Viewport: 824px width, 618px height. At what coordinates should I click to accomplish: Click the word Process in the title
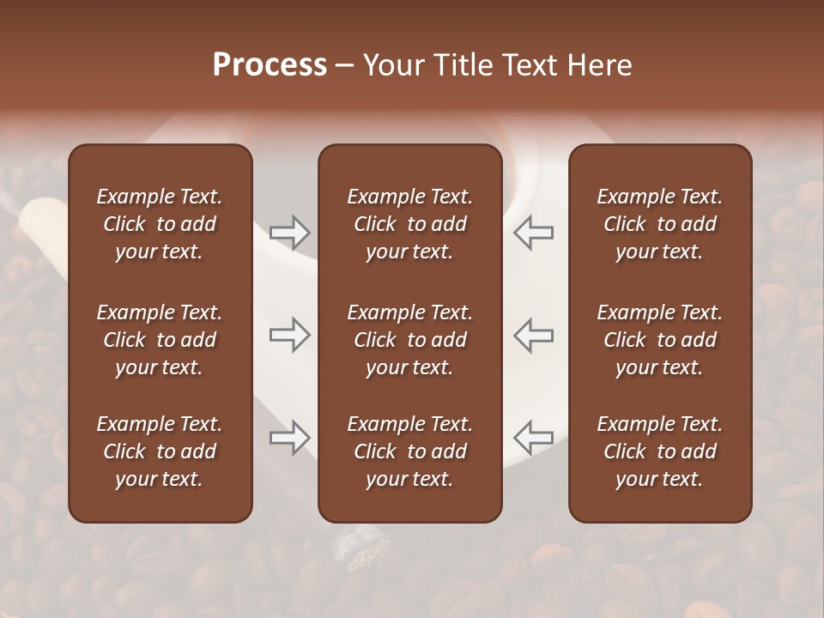[x=270, y=65]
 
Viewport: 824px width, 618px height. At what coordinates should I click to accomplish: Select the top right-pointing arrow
[x=289, y=232]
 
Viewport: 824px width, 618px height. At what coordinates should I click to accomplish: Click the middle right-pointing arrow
[x=289, y=335]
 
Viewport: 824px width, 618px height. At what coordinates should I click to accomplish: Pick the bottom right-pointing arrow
[x=289, y=439]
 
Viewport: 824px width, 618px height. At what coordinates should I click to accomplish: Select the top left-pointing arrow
[x=533, y=232]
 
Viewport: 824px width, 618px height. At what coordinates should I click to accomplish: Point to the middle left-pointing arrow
[x=533, y=335]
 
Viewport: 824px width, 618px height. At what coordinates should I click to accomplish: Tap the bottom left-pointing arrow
[x=533, y=439]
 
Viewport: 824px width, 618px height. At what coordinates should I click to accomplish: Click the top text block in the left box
[x=160, y=224]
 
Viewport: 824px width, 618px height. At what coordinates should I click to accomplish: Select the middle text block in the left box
[x=160, y=340]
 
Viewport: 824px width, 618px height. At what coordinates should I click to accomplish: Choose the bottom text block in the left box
[x=160, y=451]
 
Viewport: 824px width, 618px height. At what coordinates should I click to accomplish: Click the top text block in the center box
[x=409, y=224]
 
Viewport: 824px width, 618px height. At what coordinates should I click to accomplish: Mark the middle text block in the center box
[x=409, y=340]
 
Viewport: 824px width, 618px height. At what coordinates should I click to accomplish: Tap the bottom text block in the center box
[x=409, y=451]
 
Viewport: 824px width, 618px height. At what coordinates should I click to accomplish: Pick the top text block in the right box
[x=659, y=224]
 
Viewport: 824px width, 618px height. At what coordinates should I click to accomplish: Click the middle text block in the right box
[x=659, y=340]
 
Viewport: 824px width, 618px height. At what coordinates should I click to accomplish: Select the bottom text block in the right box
[x=659, y=451]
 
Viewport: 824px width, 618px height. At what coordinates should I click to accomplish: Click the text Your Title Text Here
[x=498, y=65]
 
